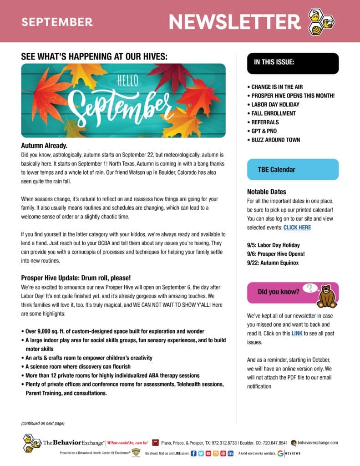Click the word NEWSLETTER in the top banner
click(234, 21)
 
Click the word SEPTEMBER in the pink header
click(57, 22)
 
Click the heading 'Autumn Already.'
click(44, 146)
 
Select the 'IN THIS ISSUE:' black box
click(293, 63)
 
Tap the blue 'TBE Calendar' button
click(293, 169)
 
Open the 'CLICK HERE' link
click(297, 227)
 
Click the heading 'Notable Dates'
click(267, 192)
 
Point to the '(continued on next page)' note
click(43, 423)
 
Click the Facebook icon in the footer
click(193, 453)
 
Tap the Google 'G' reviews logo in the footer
click(280, 453)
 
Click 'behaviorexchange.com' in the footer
click(318, 442)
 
